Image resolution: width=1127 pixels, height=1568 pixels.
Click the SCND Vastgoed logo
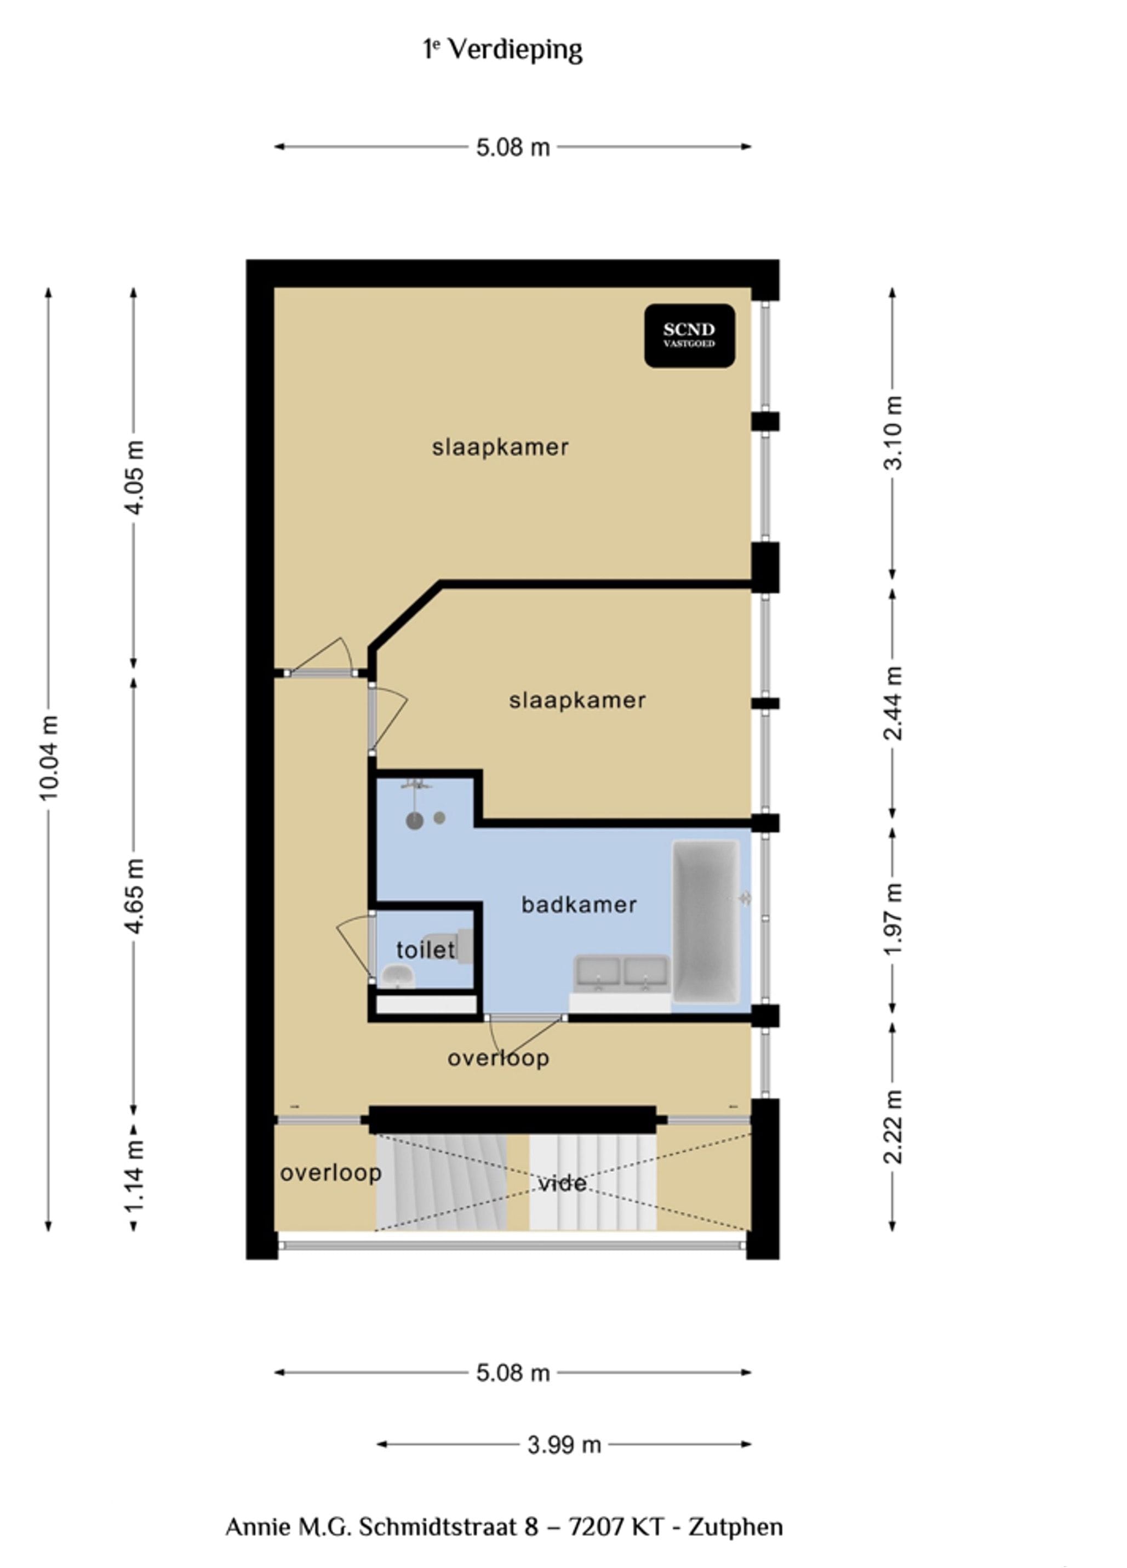point(689,336)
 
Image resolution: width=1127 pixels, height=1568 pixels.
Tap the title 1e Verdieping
point(503,50)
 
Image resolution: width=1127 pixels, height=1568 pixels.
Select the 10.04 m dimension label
point(48,758)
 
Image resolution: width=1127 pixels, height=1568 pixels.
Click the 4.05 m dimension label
point(134,477)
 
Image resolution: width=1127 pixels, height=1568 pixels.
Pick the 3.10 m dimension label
point(893,434)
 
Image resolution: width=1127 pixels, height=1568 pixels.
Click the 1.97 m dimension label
point(893,919)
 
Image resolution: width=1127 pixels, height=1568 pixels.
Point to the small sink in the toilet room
point(397,976)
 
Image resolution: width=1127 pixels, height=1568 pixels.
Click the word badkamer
point(579,905)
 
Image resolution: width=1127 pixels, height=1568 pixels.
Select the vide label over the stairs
point(562,1184)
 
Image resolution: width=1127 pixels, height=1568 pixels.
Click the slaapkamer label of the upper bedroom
point(500,447)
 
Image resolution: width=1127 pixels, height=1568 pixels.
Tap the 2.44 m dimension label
point(893,703)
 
